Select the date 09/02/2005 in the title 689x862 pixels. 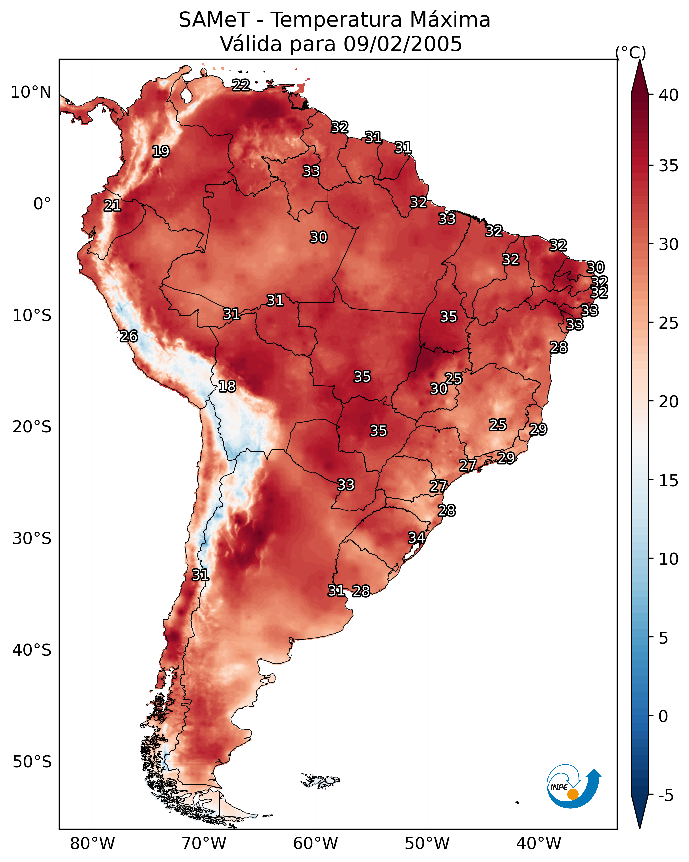pyautogui.click(x=403, y=44)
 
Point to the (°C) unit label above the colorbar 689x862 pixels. pyautogui.click(x=630, y=52)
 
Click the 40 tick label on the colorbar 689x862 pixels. pyautogui.click(x=669, y=95)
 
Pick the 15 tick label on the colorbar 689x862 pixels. pyautogui.click(x=669, y=481)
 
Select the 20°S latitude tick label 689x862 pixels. pyautogui.click(x=32, y=427)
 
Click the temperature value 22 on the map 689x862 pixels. pyautogui.click(x=241, y=85)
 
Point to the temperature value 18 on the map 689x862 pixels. pyautogui.click(x=227, y=386)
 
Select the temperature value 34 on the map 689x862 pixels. pyautogui.click(x=416, y=537)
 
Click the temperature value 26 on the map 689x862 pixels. pyautogui.click(x=129, y=336)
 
